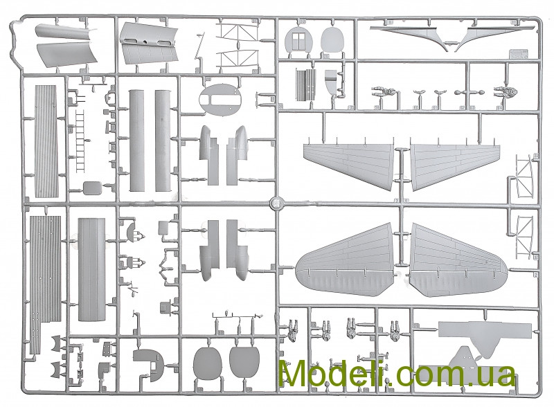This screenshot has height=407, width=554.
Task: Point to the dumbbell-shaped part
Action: point(472,91)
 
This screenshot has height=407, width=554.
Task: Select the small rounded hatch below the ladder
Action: point(91,187)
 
